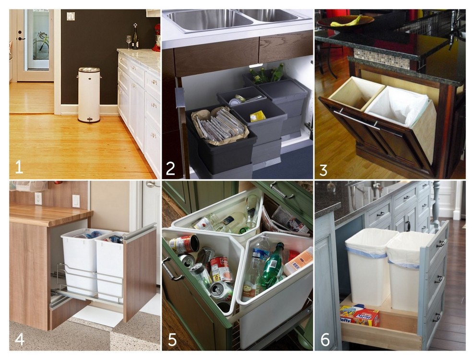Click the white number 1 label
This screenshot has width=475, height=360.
[19, 167]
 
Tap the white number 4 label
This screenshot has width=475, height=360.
[19, 338]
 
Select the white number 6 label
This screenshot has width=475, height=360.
[325, 339]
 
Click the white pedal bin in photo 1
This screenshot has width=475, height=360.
[89, 95]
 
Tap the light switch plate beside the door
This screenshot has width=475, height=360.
[71, 16]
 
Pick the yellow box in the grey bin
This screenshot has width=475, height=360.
[258, 116]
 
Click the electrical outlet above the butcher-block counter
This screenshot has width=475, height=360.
[38, 198]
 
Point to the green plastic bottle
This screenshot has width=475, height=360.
[273, 266]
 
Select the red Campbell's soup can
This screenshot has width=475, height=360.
[221, 269]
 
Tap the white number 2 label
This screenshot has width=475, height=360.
[170, 168]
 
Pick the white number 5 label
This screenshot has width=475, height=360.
[172, 339]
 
